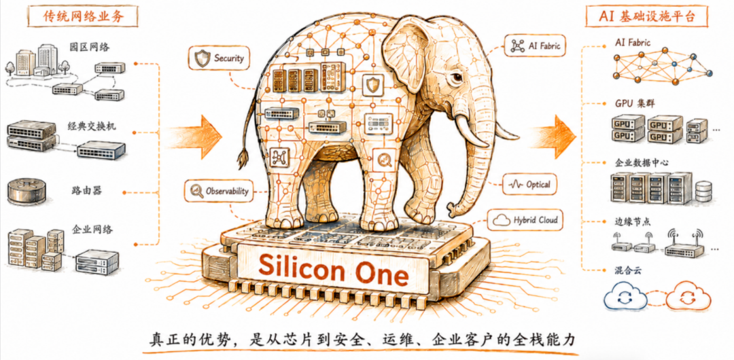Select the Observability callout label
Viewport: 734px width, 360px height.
(x=220, y=191)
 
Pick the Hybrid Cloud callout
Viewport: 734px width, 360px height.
(x=525, y=220)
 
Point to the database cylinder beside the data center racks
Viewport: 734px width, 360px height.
(x=703, y=192)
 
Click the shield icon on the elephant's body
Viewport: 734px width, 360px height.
(x=372, y=85)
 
